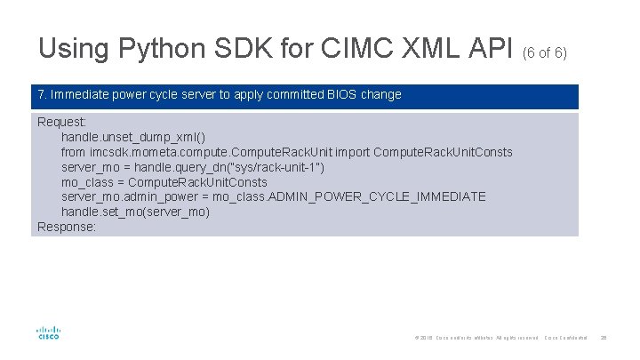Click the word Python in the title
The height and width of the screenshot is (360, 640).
click(145, 48)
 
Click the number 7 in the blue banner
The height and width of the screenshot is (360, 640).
click(41, 95)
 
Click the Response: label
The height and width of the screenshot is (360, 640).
click(67, 227)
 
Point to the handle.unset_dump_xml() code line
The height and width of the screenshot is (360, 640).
click(132, 137)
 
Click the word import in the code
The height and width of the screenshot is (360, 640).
click(350, 152)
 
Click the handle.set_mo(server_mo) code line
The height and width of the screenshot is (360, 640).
click(135, 212)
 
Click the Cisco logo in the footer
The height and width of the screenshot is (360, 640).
click(48, 332)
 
